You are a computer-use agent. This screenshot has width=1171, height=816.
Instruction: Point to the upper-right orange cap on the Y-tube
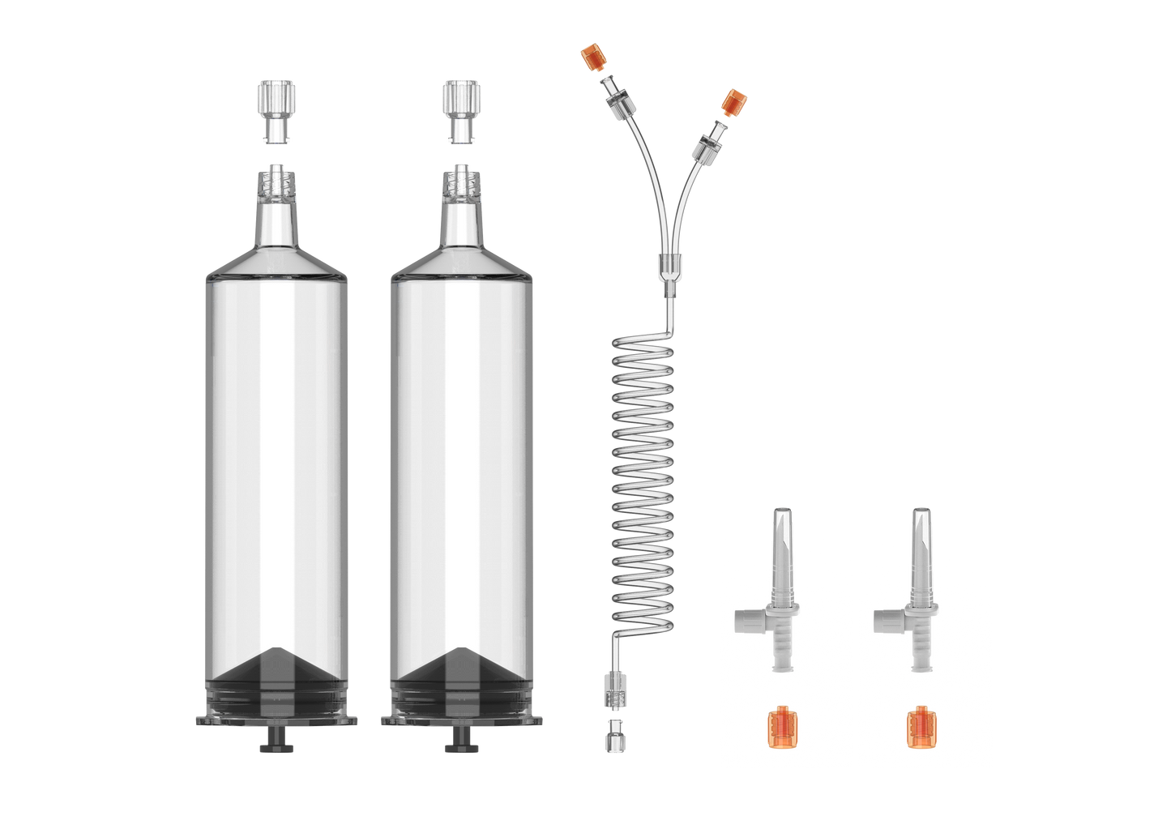tap(734, 102)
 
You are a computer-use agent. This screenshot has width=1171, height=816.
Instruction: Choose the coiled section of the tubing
tap(642, 478)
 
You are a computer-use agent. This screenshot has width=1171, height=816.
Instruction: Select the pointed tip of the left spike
tap(781, 519)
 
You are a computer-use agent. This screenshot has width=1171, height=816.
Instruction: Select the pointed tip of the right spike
tap(921, 519)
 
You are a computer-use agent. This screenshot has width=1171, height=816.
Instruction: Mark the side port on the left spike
tap(746, 622)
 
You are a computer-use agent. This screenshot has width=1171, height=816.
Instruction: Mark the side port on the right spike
tap(885, 622)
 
